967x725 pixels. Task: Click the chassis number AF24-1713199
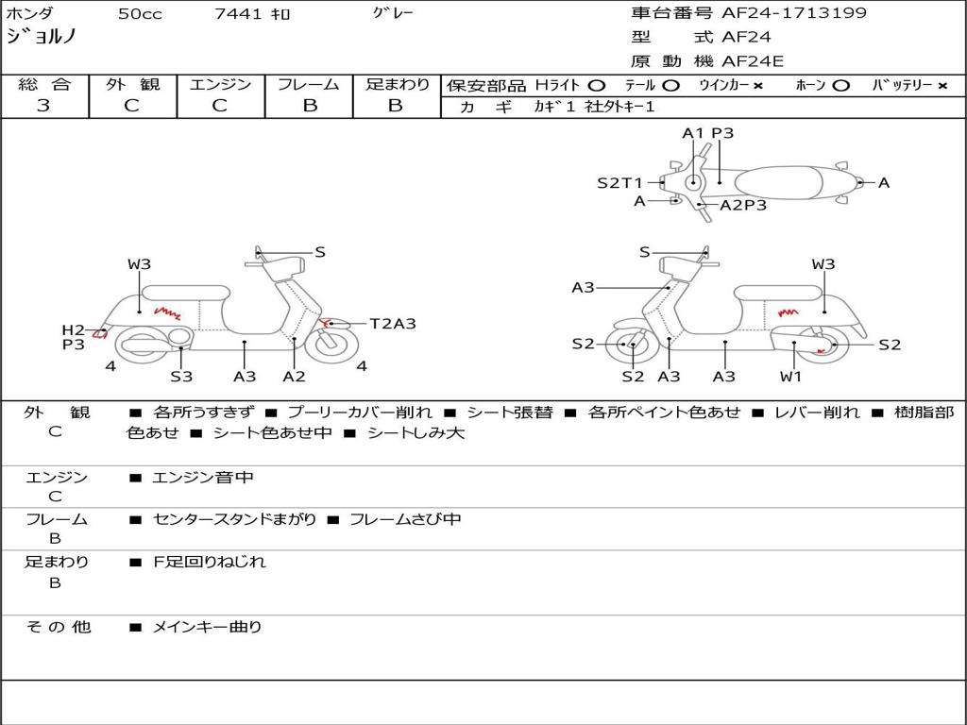click(x=794, y=12)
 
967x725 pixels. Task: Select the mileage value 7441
click(x=238, y=13)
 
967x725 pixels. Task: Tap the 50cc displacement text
click(x=140, y=13)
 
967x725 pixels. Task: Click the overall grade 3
click(x=43, y=106)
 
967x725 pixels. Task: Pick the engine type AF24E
click(x=753, y=61)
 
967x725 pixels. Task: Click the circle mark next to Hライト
click(x=597, y=85)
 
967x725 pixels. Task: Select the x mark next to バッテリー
click(x=942, y=86)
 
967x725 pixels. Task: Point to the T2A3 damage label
click(x=393, y=323)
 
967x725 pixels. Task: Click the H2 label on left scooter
click(x=74, y=329)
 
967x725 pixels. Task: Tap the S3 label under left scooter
click(x=181, y=376)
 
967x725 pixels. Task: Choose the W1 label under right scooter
click(x=790, y=376)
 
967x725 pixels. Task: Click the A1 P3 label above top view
click(x=708, y=132)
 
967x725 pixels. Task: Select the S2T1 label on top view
click(x=619, y=182)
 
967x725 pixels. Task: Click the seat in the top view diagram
click(x=778, y=183)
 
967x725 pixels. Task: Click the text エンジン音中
click(x=203, y=477)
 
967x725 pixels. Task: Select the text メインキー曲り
click(x=207, y=627)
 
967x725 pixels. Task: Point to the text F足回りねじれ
click(x=210, y=562)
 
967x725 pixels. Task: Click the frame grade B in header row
click(x=310, y=106)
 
